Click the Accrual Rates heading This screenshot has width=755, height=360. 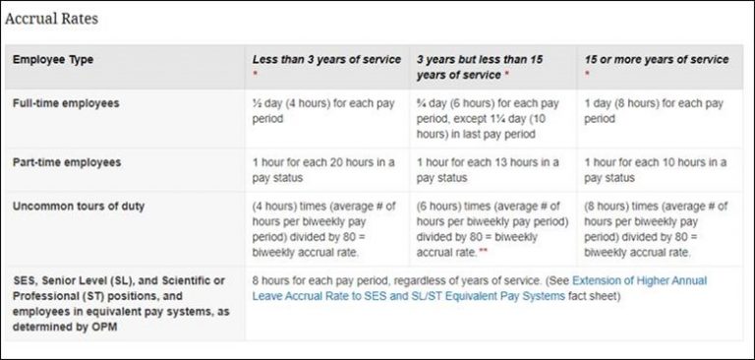point(51,19)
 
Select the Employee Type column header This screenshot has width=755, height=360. point(53,60)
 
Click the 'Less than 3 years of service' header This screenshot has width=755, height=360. point(326,60)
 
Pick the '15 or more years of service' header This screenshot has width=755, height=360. point(657,60)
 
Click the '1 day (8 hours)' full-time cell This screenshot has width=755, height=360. point(654,110)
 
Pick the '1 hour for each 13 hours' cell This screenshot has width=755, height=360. point(489,169)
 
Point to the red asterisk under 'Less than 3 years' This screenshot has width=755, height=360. point(256,74)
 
